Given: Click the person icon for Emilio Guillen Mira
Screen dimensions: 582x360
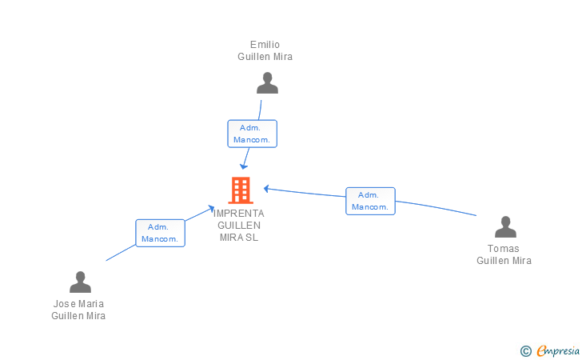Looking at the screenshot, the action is (267, 83).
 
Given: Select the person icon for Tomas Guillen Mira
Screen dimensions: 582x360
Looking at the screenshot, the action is (505, 226).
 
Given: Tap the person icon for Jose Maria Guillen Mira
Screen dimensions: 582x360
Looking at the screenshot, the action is (80, 282).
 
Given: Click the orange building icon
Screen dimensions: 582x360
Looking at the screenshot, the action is (241, 190).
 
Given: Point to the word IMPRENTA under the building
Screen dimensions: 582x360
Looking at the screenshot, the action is (239, 214).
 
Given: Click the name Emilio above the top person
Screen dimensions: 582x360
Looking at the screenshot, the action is (265, 45).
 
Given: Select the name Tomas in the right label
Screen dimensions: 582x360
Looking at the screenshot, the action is (504, 249).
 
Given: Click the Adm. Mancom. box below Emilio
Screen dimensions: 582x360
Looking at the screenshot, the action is (253, 134).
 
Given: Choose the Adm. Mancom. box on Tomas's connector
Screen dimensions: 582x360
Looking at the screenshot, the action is (370, 201).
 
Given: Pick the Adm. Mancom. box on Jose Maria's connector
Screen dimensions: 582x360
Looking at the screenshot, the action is (161, 233).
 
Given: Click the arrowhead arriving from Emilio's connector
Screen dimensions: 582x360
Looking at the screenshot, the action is (244, 166).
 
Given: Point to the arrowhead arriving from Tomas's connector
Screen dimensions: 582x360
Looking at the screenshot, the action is (266, 189).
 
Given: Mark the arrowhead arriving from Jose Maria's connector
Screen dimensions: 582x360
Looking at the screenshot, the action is (211, 209).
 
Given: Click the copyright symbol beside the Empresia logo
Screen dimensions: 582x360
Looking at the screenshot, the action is (525, 351).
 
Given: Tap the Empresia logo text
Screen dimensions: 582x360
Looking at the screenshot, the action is (558, 351).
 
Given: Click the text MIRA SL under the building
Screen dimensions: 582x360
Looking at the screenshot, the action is (239, 238).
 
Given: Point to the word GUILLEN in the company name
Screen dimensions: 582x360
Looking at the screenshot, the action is (239, 226).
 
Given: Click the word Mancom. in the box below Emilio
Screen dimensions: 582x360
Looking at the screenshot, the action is (252, 140).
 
